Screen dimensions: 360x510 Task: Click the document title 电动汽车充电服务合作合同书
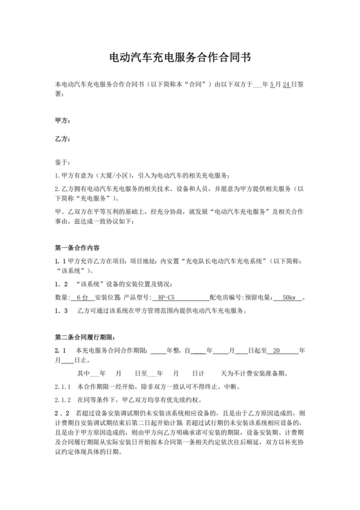(180, 57)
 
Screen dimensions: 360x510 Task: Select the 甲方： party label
(63, 121)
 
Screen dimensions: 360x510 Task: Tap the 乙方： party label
(63, 139)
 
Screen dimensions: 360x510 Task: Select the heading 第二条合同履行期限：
(85, 337)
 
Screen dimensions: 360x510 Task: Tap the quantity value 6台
(82, 298)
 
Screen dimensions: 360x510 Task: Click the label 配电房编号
(225, 298)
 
